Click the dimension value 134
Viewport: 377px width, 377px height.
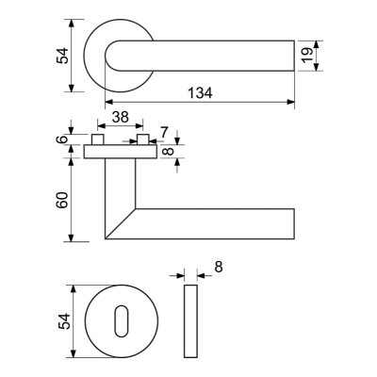pyautogui.click(x=200, y=92)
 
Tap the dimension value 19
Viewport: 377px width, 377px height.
pyautogui.click(x=308, y=56)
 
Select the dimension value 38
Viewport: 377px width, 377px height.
pyautogui.click(x=121, y=117)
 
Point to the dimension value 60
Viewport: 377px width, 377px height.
pyautogui.click(x=63, y=200)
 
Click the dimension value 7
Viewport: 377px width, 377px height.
pyautogui.click(x=164, y=132)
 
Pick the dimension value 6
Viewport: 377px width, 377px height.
pyautogui.click(x=63, y=139)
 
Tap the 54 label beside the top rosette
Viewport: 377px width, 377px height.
pyautogui.click(x=62, y=56)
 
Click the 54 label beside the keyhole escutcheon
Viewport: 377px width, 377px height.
pyautogui.click(x=64, y=321)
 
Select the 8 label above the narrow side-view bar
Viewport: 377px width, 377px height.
pyautogui.click(x=219, y=267)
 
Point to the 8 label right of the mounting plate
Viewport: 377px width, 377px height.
pyautogui.click(x=169, y=151)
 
